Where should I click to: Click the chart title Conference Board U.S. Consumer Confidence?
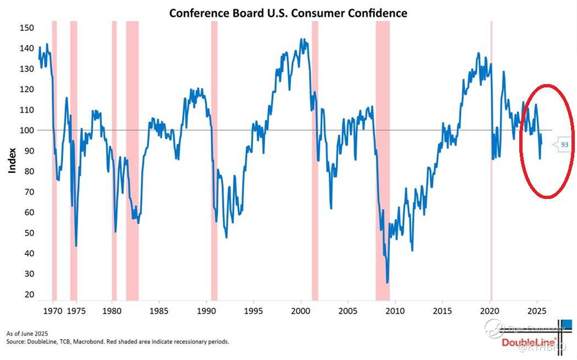288,12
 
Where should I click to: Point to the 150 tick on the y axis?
27,28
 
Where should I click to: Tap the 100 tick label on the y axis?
27,130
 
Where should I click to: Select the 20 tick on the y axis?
29,295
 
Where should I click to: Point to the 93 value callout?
564,144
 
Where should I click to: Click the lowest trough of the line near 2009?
388,283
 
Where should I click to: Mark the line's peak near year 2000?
301,40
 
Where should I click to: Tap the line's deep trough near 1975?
76,246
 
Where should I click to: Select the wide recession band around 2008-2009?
383,159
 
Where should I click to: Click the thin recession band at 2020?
491,159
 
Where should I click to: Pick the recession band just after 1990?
214,159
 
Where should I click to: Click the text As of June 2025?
28,334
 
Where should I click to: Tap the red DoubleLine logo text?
528,342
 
